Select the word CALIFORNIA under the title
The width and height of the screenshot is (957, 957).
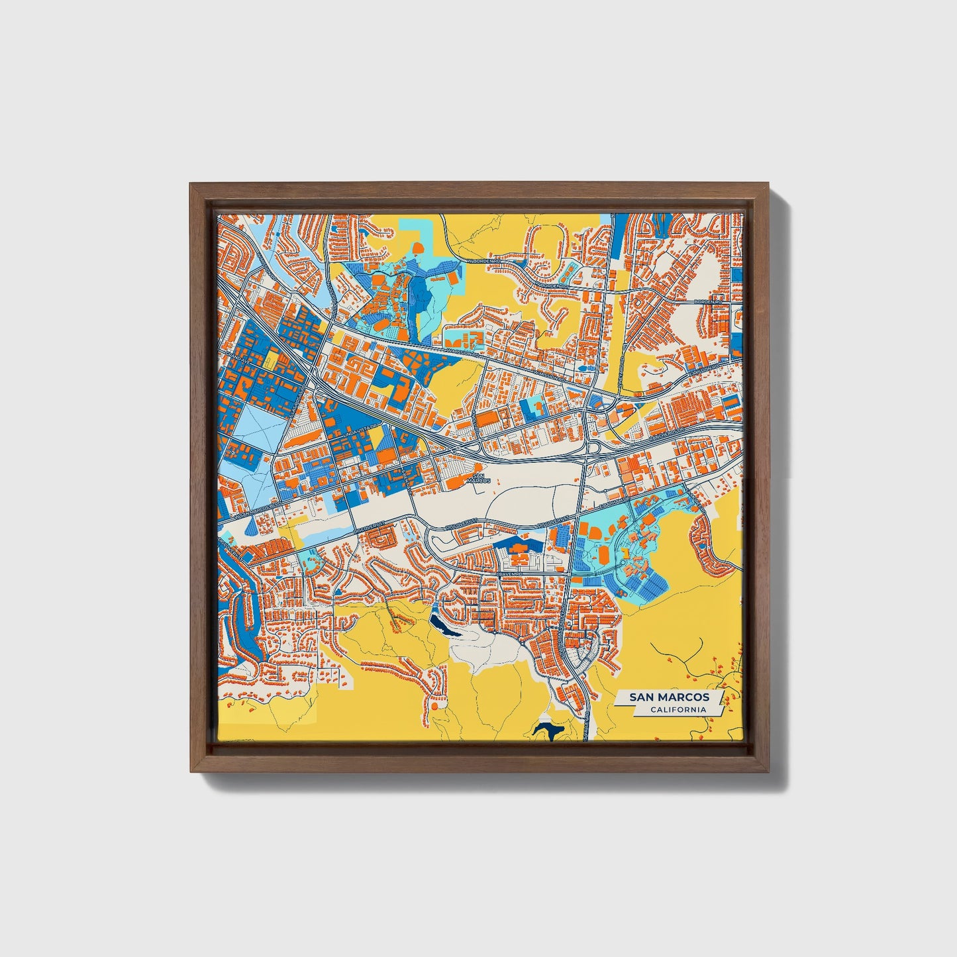point(678,710)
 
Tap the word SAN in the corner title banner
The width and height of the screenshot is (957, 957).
point(642,697)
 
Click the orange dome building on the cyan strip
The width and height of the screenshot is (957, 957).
point(419,248)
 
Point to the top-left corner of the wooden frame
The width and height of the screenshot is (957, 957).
point(190,185)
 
